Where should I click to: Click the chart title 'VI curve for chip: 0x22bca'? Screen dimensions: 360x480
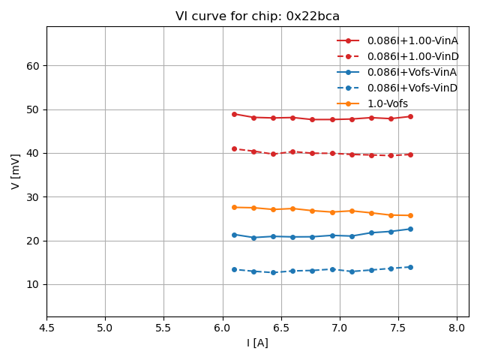pos(257,16)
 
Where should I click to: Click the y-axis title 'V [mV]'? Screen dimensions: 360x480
pos(16,172)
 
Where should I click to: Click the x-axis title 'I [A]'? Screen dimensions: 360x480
pos(257,343)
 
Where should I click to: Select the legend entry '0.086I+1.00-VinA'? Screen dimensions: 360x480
pos(412,40)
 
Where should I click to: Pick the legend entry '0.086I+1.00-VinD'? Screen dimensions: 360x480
pos(412,56)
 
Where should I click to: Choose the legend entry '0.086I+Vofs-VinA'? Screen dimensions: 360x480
pos(412,72)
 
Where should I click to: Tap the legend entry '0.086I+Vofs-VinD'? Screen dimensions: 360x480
pos(412,88)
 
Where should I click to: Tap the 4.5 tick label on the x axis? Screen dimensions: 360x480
pos(46,328)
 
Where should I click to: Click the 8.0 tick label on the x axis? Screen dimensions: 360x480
pos(457,328)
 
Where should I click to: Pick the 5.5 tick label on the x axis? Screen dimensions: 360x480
pos(163,328)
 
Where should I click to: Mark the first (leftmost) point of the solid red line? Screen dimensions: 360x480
pos(234,114)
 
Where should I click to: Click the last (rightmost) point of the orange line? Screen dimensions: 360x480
pos(410,215)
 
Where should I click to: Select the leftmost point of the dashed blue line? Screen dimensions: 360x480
pos(234,269)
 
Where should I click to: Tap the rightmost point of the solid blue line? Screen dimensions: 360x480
pos(410,229)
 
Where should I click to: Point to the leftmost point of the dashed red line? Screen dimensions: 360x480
pos(234,148)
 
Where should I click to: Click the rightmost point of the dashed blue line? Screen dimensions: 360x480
pos(410,267)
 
